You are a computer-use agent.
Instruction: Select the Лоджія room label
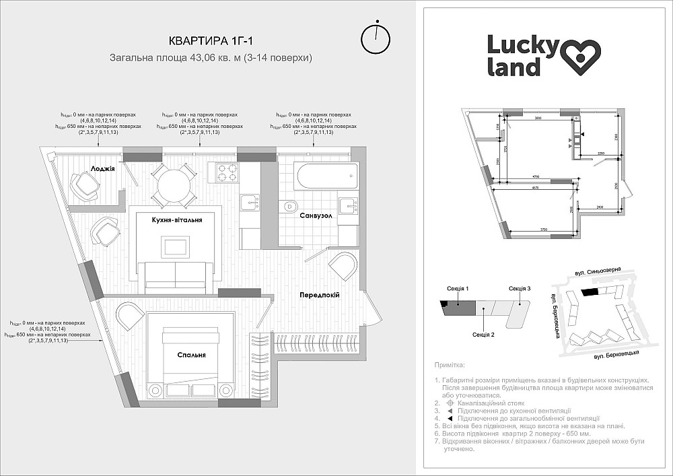[104, 168]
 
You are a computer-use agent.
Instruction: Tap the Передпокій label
[319, 295]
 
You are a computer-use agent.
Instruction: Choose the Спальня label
[192, 355]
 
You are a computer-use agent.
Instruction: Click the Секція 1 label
[458, 289]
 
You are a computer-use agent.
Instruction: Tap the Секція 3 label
[520, 289]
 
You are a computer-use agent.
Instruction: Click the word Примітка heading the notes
[450, 365]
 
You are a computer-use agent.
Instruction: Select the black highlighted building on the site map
[589, 292]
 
